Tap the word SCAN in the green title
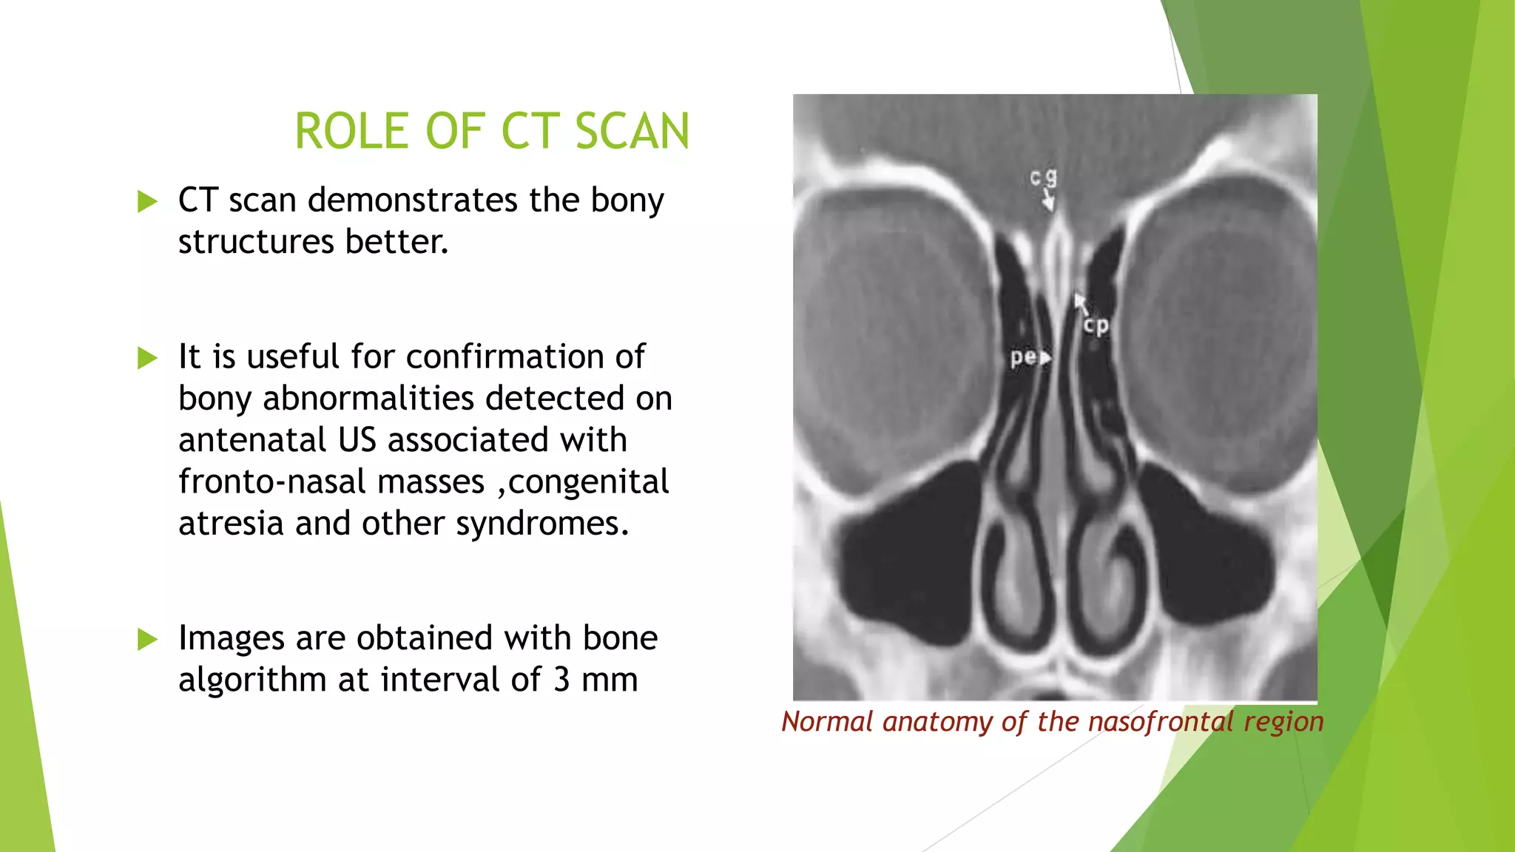tap(632, 132)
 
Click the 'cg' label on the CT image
tap(1043, 177)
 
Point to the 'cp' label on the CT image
tap(1096, 325)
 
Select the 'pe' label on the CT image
tap(1023, 357)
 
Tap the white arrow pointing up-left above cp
tap(1082, 302)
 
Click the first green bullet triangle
tap(148, 201)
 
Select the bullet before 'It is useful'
tap(148, 359)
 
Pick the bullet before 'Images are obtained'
tap(148, 640)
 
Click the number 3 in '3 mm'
tap(561, 680)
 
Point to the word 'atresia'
tap(231, 524)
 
